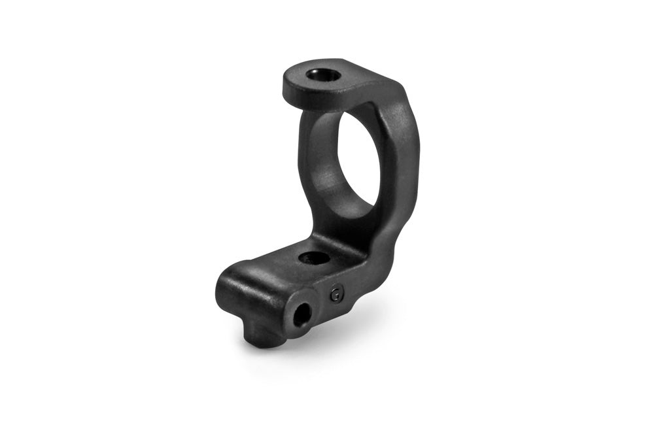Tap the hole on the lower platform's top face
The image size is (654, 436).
pos(314,258)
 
